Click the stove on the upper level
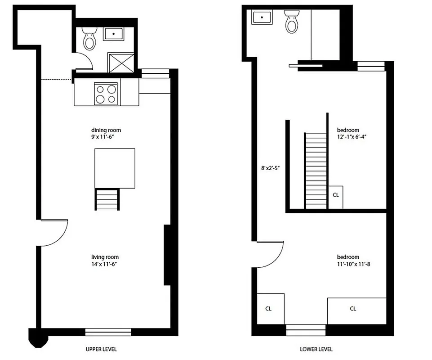tap(107, 94)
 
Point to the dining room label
tap(106, 130)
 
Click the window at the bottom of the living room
tap(108, 332)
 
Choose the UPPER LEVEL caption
tap(102, 349)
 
